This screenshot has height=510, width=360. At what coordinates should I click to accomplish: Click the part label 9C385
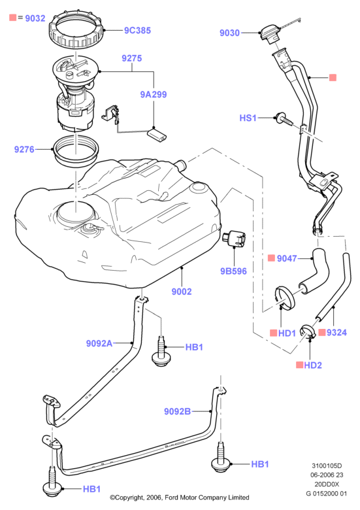click(137, 31)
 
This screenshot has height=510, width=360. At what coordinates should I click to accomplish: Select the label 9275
click(131, 58)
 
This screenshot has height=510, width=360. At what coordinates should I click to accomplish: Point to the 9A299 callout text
click(154, 95)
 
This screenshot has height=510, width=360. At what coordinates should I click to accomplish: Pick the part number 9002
click(182, 292)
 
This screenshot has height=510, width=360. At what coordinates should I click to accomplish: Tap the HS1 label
click(248, 118)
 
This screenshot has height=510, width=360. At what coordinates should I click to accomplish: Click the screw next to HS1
click(284, 120)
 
